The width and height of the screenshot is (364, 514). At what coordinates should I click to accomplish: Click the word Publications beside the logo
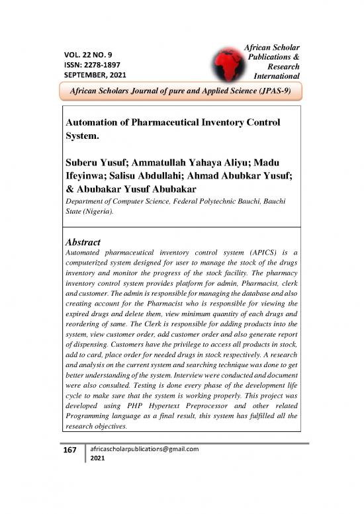tap(273, 57)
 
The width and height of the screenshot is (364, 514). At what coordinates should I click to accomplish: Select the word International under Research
tap(274, 77)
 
